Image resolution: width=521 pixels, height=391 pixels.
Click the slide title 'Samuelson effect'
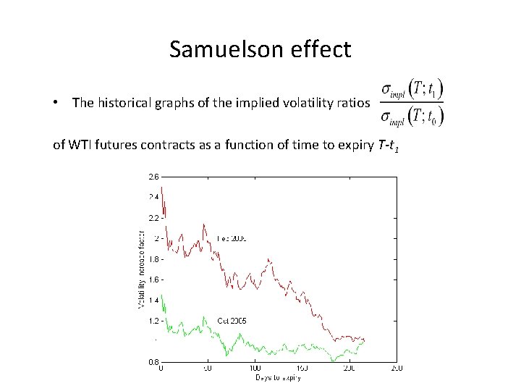(x=260, y=49)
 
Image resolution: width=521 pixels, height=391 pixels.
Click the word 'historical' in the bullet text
(x=123, y=103)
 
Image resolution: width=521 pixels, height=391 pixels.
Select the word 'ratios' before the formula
(x=353, y=103)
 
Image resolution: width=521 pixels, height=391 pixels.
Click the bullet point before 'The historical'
(x=56, y=104)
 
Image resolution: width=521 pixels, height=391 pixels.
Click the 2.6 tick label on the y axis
(x=153, y=176)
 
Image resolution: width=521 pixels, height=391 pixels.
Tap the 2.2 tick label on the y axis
(x=153, y=217)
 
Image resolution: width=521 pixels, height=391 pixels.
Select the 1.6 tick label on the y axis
(x=153, y=279)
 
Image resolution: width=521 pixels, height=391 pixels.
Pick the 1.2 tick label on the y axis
(x=153, y=320)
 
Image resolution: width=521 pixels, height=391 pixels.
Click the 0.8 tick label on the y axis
(x=153, y=361)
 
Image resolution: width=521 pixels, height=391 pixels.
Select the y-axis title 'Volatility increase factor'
(x=142, y=268)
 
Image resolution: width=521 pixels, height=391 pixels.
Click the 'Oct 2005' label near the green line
(x=232, y=319)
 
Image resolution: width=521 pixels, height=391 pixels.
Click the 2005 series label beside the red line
(x=232, y=237)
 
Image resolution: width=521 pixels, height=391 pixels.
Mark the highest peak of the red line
(x=161, y=188)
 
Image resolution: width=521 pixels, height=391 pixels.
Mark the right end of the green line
(x=365, y=341)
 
